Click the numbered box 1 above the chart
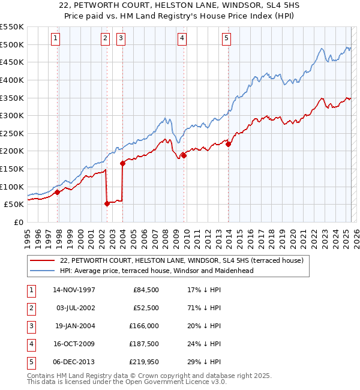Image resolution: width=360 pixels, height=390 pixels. [55, 38]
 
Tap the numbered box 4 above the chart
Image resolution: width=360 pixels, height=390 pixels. [182, 38]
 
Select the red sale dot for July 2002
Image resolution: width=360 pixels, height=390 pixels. [107, 203]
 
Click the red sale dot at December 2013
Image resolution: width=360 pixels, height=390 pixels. [229, 144]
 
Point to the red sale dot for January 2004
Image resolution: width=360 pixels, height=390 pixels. [122, 163]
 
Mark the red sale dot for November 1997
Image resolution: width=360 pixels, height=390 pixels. [58, 192]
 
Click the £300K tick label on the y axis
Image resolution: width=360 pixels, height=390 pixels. [12, 115]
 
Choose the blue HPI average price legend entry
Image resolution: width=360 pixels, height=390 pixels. [157, 271]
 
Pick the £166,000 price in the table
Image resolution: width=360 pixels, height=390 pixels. [142, 326]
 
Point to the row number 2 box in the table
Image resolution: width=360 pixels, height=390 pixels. [30, 308]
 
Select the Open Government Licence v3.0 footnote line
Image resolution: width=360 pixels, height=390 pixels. [127, 382]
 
